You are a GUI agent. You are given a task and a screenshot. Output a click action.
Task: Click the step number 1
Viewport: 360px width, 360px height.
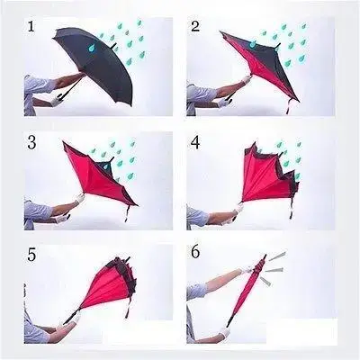(x=31, y=27)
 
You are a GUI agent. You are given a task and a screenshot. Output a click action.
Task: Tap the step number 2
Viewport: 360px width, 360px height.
(x=195, y=26)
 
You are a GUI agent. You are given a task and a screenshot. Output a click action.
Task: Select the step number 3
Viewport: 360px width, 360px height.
(x=31, y=141)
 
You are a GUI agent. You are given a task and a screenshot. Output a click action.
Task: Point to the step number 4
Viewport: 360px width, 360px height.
(x=195, y=141)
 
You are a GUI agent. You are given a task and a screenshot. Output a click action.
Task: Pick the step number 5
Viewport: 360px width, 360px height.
(x=31, y=256)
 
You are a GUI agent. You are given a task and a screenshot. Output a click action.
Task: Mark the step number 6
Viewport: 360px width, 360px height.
(x=195, y=256)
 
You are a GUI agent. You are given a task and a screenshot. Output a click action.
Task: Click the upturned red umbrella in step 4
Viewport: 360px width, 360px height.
(x=265, y=175)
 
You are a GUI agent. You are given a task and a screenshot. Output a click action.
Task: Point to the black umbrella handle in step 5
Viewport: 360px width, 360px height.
(x=68, y=320)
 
